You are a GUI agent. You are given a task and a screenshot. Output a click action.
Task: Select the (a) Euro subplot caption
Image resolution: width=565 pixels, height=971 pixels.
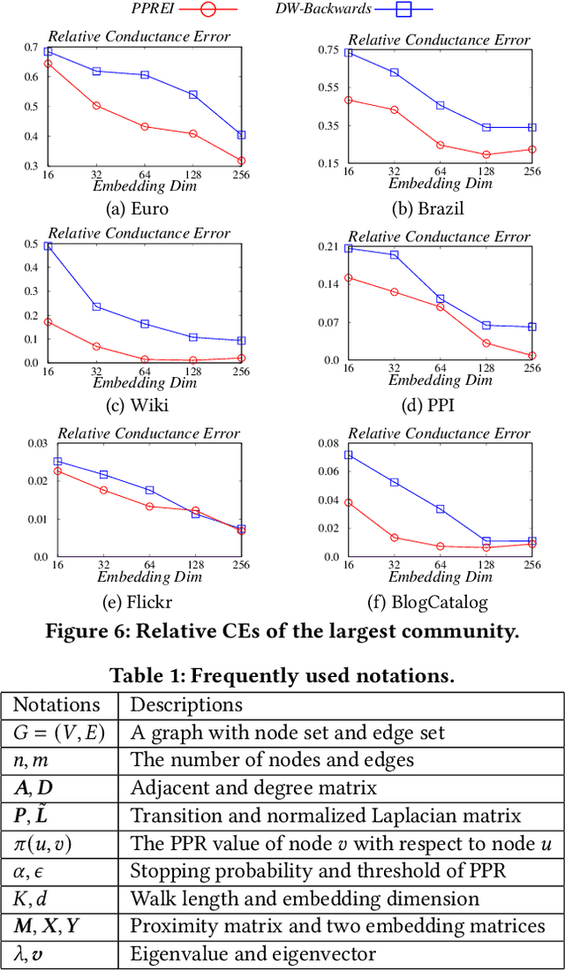click(136, 209)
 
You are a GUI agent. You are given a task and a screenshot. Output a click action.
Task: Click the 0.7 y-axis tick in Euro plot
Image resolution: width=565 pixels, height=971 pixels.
click(31, 47)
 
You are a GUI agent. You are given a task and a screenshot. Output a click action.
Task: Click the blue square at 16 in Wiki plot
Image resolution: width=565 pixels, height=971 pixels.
click(49, 246)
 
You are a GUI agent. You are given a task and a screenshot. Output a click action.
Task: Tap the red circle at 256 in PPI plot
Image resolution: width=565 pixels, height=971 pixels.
click(532, 356)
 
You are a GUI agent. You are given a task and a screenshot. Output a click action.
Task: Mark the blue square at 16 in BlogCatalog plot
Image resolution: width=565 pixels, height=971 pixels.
click(349, 455)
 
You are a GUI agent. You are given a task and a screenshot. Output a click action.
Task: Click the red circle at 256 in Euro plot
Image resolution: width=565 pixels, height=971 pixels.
click(241, 161)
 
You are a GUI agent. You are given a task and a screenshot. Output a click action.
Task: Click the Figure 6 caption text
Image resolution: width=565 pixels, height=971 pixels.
click(282, 630)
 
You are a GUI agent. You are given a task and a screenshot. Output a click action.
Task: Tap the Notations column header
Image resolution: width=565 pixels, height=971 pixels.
click(59, 705)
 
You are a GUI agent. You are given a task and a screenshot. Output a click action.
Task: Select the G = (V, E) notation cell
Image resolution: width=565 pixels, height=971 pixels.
click(59, 732)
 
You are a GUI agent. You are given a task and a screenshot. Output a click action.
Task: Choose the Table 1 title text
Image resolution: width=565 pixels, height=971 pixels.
click(282, 676)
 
